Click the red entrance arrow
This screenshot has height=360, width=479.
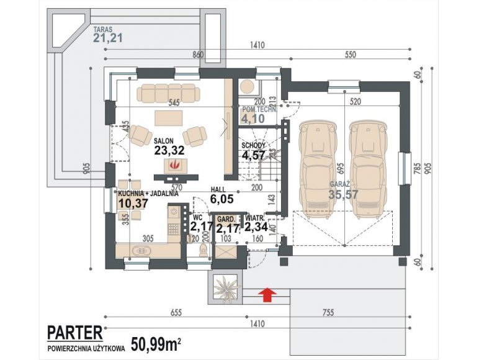click(x=267, y=293)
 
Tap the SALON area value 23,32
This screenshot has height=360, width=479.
click(x=169, y=150)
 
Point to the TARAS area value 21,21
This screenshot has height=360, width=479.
click(x=108, y=38)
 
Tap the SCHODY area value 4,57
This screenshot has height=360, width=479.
click(x=254, y=155)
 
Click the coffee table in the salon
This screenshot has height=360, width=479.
click(x=169, y=117)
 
